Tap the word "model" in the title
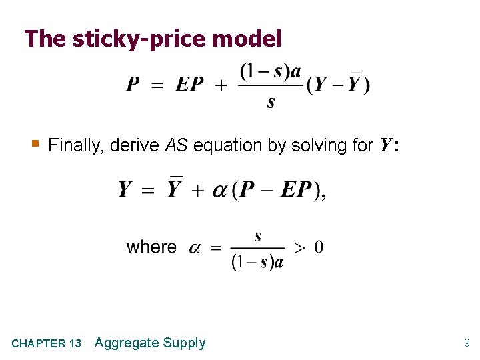click(x=247, y=39)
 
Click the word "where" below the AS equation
click(x=151, y=247)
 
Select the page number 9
click(x=467, y=343)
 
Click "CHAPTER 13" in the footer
click(x=47, y=344)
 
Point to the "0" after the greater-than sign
click(x=319, y=247)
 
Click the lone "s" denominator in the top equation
click(x=271, y=102)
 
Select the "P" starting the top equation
click(x=133, y=85)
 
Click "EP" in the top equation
click(x=190, y=85)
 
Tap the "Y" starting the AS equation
click(x=125, y=190)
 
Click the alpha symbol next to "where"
click(x=195, y=248)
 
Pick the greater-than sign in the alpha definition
click(x=300, y=248)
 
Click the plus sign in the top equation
click(x=221, y=85)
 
